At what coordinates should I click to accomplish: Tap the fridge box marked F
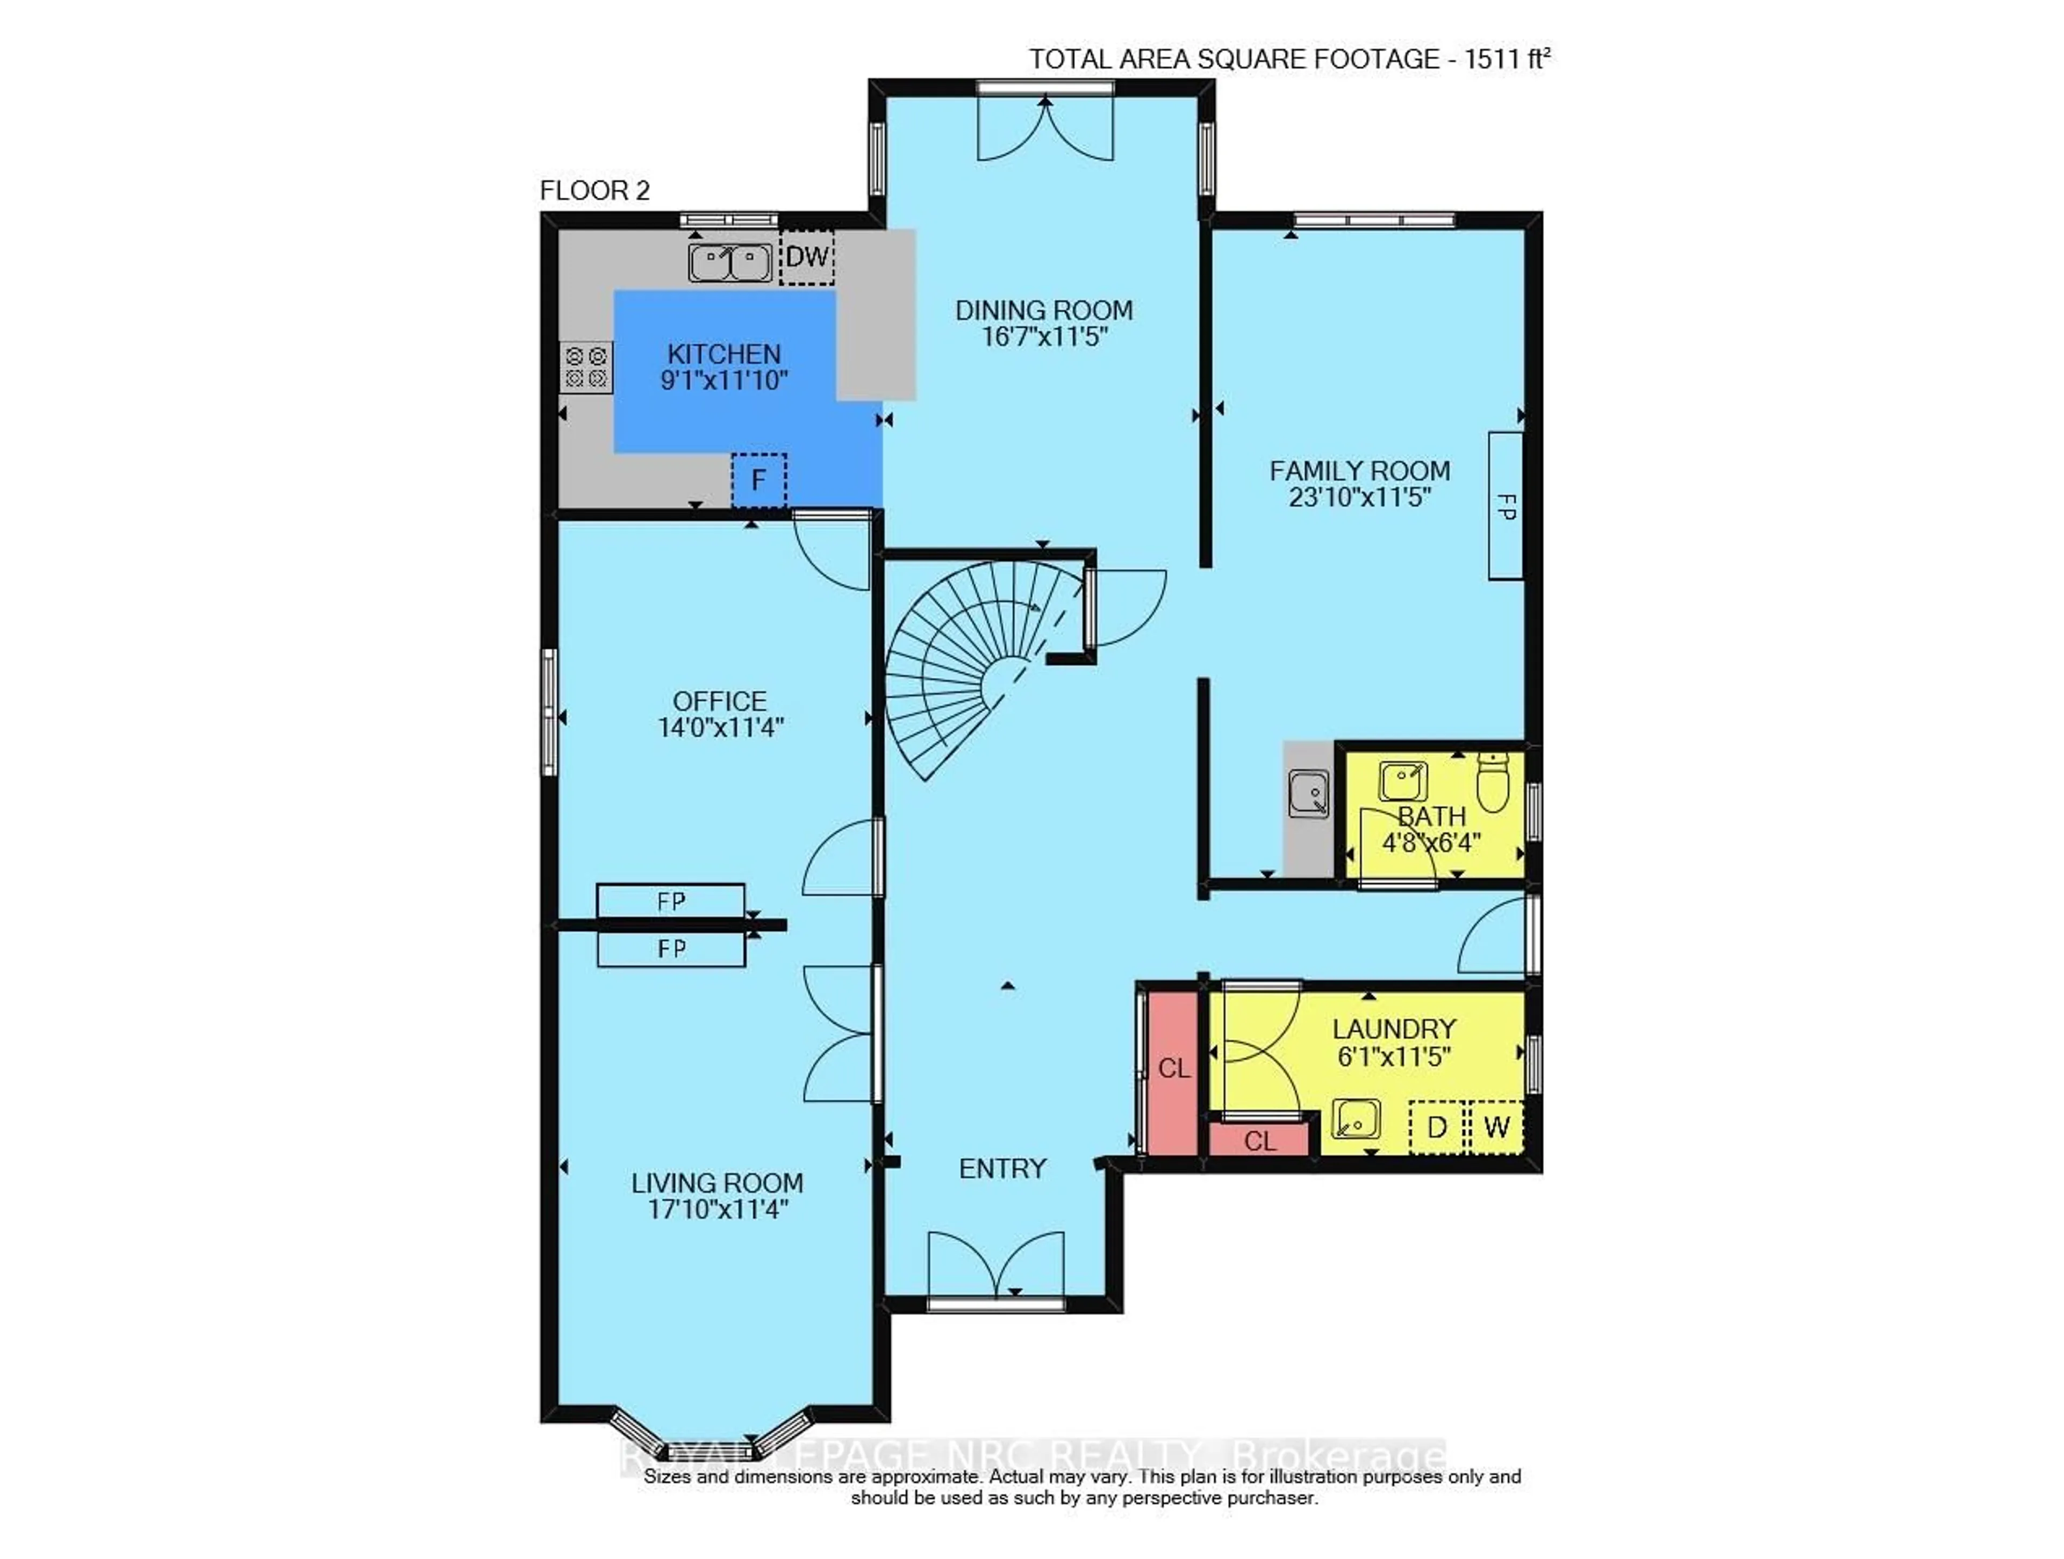click(758, 480)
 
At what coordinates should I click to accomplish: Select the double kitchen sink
click(730, 262)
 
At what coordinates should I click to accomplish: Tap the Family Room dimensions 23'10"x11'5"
click(1359, 497)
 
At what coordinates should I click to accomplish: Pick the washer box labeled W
click(1496, 1127)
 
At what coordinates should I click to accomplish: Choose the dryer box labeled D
click(1437, 1127)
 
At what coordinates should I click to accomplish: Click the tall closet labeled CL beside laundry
click(1173, 1068)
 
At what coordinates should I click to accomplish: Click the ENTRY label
click(1002, 1169)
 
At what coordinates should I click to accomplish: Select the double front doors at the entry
click(995, 1267)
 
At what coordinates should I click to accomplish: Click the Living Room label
click(716, 1183)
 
